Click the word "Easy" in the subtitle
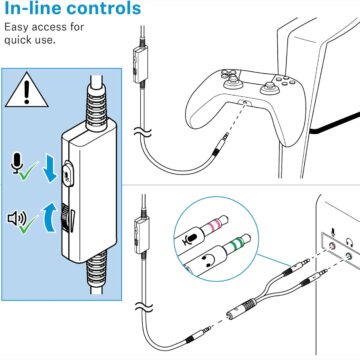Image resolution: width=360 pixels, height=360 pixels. (x=18, y=28)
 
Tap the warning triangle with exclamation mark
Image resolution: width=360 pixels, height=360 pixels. (x=27, y=90)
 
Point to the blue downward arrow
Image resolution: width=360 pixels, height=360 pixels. (x=50, y=170)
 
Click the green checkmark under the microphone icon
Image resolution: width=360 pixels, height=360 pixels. (x=28, y=171)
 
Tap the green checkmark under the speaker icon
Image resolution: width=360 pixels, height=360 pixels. (x=28, y=224)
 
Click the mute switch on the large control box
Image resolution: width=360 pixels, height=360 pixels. (x=68, y=172)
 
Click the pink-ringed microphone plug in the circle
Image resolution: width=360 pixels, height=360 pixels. (x=206, y=231)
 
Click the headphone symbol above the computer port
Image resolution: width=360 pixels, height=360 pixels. (x=350, y=242)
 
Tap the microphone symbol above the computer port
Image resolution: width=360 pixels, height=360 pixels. (x=332, y=232)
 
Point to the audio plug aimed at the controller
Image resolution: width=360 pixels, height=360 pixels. (x=221, y=142)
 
